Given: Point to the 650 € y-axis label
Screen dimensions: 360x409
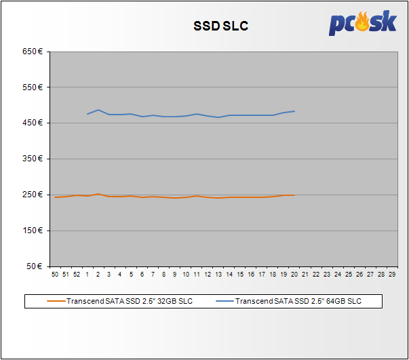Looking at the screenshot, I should coord(34,52).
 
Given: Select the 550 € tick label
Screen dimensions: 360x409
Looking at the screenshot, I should coord(34,87).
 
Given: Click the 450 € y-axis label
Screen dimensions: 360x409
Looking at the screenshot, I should coord(34,123).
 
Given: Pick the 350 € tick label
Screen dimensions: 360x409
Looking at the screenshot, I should coord(34,159).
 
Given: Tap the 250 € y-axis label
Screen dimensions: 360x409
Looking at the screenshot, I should coord(34,195).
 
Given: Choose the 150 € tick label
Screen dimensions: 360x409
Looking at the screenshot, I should coord(34,231).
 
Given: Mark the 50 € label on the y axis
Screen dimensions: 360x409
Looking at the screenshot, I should coord(36,266).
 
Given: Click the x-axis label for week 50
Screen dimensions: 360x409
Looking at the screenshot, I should coord(55,275).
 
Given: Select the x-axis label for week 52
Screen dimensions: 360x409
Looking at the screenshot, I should coord(77,275).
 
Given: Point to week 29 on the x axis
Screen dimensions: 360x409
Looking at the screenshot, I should coord(392,275).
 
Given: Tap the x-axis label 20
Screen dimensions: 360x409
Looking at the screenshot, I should coord(294,275).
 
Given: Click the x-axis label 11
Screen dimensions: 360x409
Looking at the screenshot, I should coord(195,275).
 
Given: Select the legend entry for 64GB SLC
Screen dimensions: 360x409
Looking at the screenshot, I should coord(298,300).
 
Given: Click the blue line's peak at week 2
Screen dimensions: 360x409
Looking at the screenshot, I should coord(98,110).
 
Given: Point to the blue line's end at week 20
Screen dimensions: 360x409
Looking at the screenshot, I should coord(294,111).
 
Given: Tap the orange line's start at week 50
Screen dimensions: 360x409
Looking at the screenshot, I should coord(55,197).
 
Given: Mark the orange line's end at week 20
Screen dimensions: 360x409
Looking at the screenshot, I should coord(294,195).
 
